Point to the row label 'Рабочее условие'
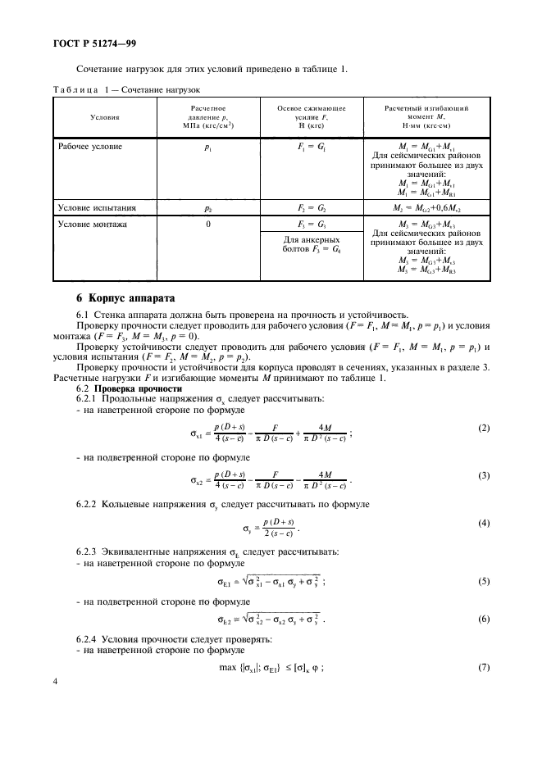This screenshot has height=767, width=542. pos(90,146)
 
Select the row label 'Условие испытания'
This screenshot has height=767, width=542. pos(96,209)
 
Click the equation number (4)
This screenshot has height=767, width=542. pos(484,522)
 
